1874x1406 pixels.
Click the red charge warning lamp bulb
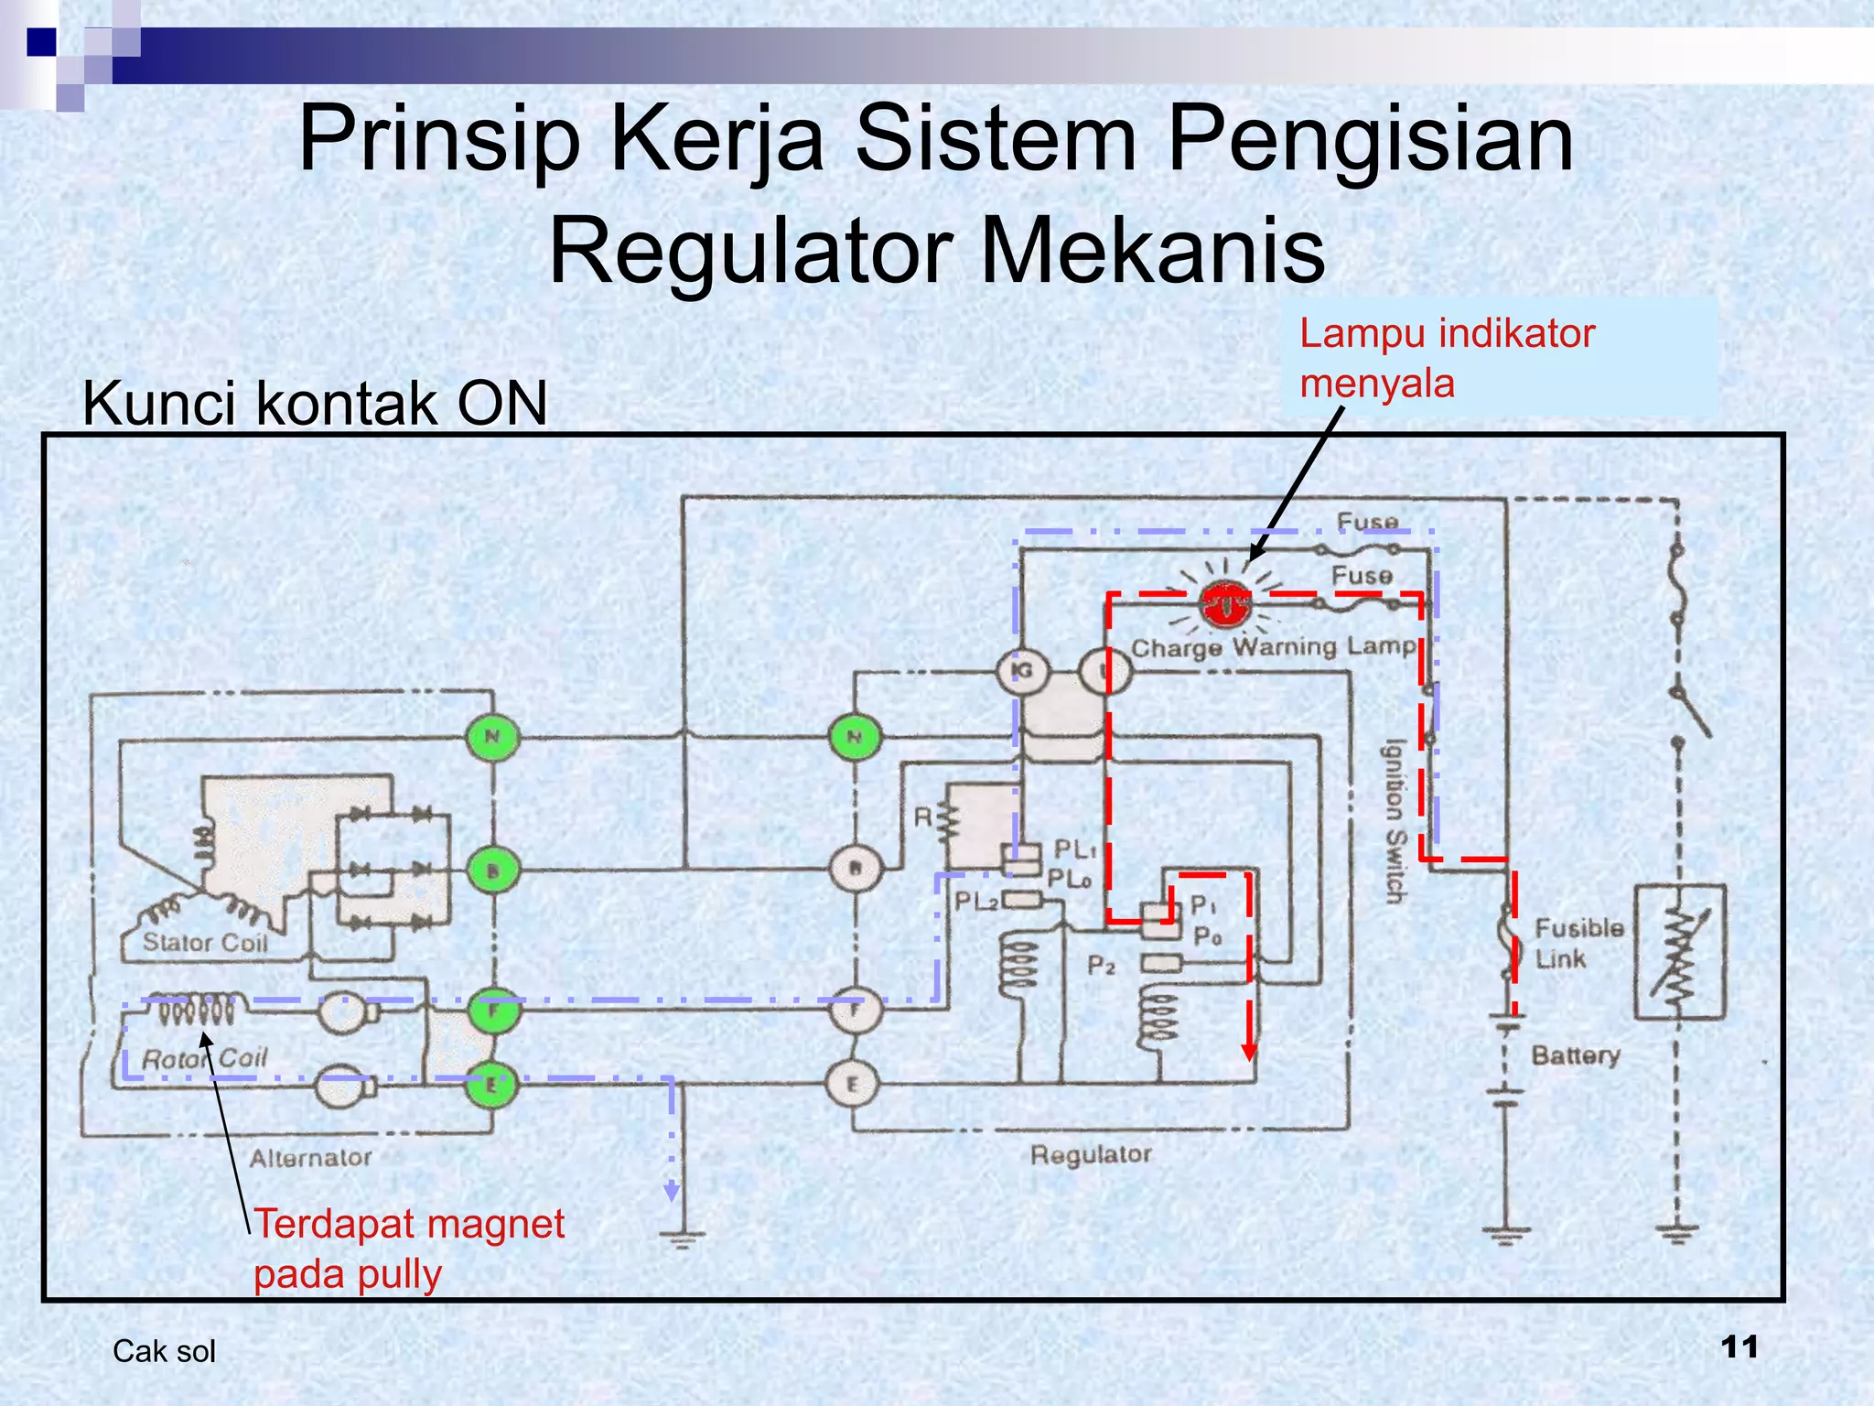(1224, 605)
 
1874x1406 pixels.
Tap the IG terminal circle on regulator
(1021, 671)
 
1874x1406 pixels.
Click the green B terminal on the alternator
(493, 870)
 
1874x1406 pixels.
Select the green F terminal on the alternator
(493, 1010)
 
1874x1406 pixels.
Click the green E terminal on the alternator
(492, 1085)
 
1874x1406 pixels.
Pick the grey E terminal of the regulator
(853, 1084)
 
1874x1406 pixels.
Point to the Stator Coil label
(205, 943)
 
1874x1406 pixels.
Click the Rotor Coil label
(205, 1058)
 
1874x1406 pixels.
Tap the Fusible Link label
(1578, 943)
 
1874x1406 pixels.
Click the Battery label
(1576, 1055)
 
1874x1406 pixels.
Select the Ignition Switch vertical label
(1393, 821)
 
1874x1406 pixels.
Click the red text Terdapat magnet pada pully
(408, 1249)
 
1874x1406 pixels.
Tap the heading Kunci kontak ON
(315, 403)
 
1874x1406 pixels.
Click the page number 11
(1739, 1347)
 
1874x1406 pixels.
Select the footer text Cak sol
(164, 1351)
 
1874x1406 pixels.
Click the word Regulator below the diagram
(1091, 1154)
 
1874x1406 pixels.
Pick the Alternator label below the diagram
(311, 1158)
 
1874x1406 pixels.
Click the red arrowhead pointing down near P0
(1249, 1053)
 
